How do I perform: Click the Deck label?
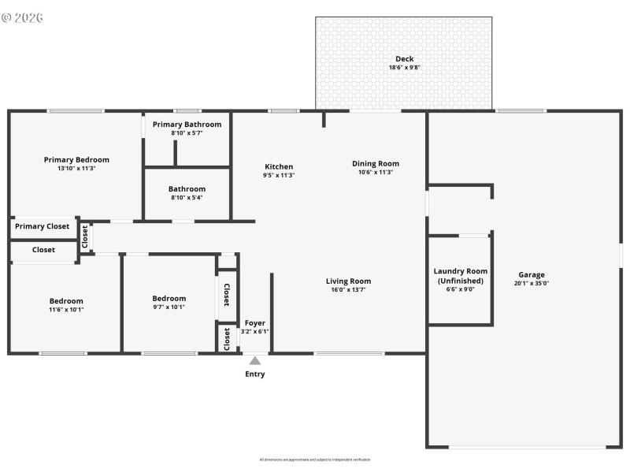point(404,58)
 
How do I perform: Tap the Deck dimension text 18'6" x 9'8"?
point(404,68)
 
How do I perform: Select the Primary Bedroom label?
point(76,159)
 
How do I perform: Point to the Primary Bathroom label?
point(187,125)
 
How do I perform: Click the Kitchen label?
point(279,166)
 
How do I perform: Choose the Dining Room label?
point(375,164)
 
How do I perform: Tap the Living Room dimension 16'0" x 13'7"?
point(348,290)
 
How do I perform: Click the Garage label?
point(531,274)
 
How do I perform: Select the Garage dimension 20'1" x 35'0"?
point(531,283)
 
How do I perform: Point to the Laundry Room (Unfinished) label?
point(461,276)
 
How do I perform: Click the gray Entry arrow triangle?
point(254,360)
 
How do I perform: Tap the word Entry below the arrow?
point(254,374)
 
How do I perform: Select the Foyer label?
point(254,323)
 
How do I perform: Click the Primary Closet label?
point(42,226)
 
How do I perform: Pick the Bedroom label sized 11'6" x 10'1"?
point(66,300)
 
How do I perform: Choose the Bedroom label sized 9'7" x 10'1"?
point(169,298)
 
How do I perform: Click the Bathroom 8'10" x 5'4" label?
point(187,188)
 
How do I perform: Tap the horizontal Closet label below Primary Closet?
point(43,250)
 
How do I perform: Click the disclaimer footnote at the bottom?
point(315,460)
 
